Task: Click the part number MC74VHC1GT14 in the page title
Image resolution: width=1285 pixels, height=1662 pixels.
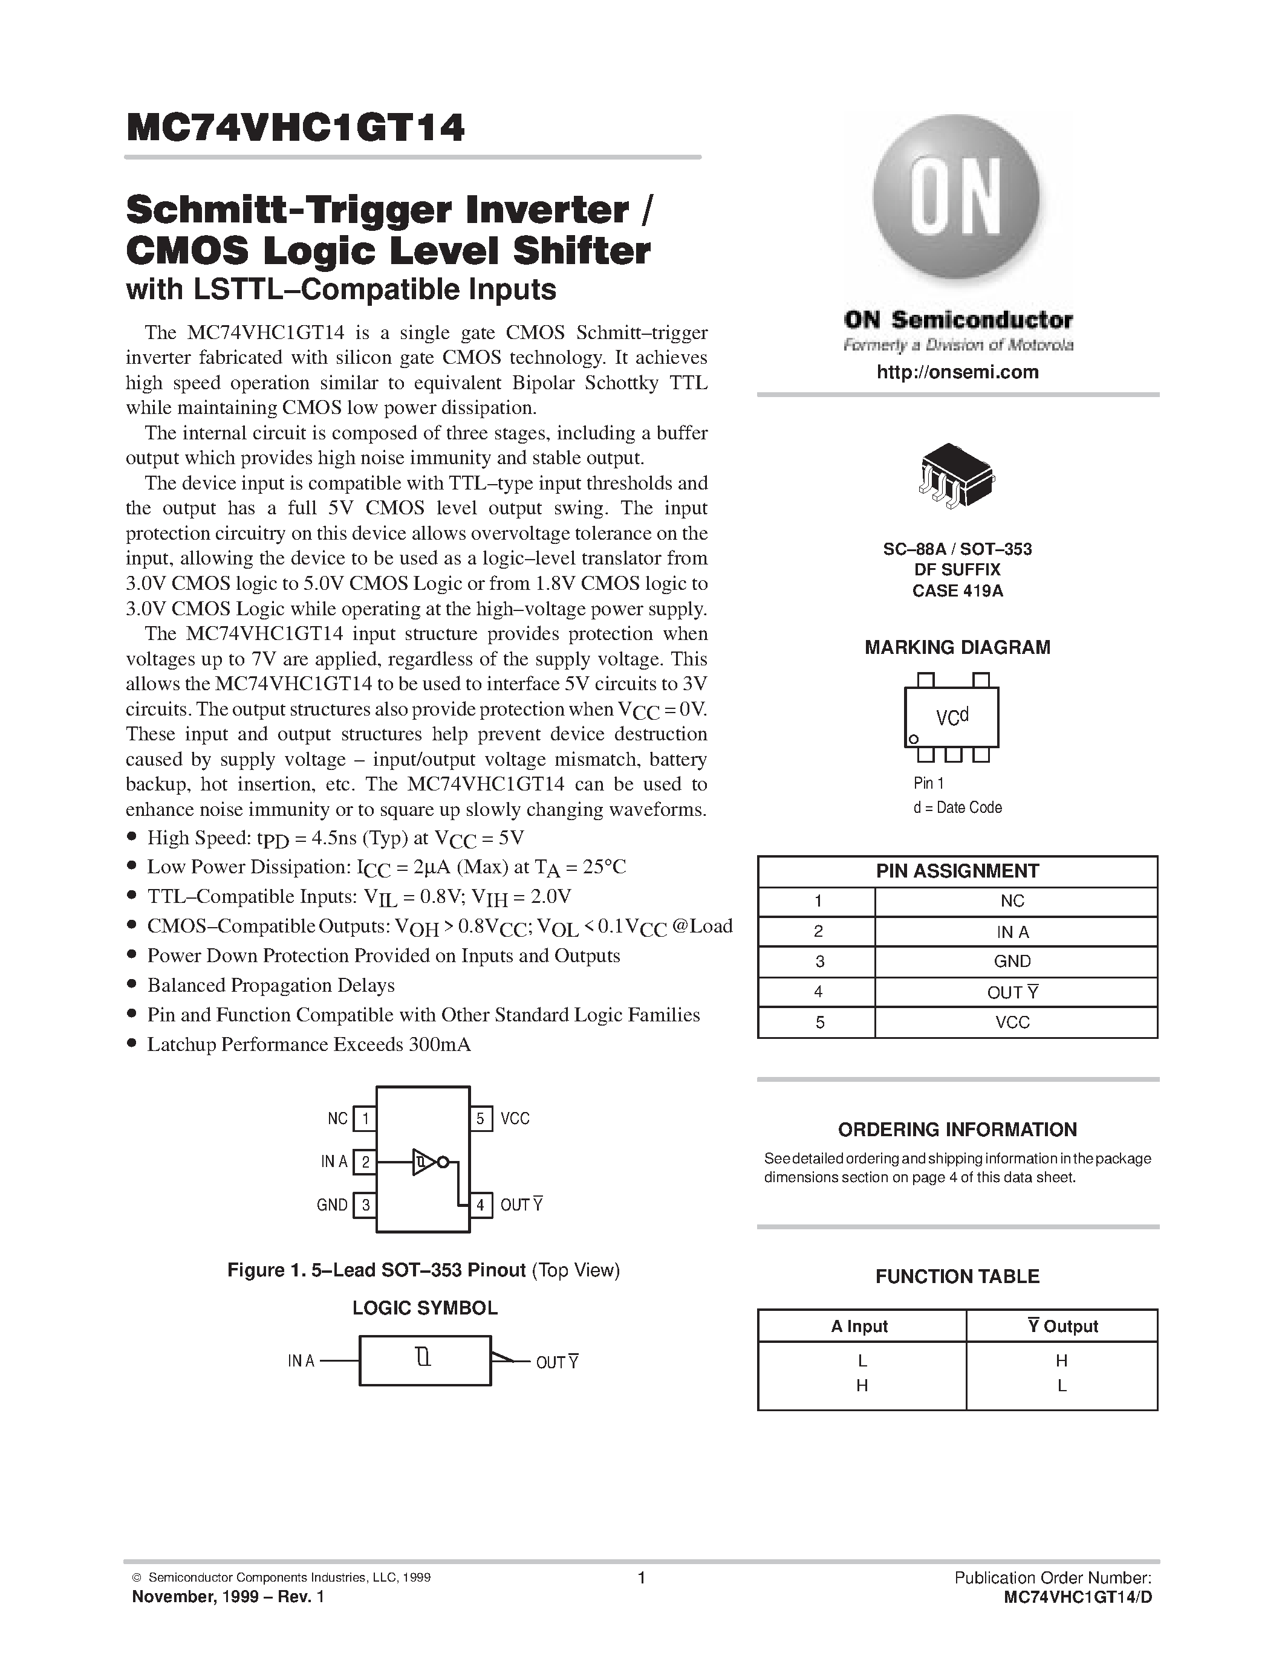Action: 295,129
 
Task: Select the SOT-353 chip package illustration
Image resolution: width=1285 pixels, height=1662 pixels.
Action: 956,476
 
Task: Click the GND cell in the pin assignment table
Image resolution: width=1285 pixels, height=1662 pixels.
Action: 1012,961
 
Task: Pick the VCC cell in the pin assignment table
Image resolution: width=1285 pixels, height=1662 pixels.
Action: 1012,1022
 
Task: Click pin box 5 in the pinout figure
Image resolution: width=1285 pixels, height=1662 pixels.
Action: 480,1119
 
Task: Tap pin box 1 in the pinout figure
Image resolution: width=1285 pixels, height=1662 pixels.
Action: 365,1119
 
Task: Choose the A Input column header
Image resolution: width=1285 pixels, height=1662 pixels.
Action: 859,1327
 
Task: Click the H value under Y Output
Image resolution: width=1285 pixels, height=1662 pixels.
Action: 1062,1360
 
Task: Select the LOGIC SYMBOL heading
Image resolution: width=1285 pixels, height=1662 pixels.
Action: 425,1308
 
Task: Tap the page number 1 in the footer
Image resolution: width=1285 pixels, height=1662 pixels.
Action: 642,1577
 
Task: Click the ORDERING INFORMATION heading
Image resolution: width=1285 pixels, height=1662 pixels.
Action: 957,1130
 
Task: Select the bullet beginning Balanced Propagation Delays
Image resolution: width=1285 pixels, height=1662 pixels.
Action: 271,986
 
